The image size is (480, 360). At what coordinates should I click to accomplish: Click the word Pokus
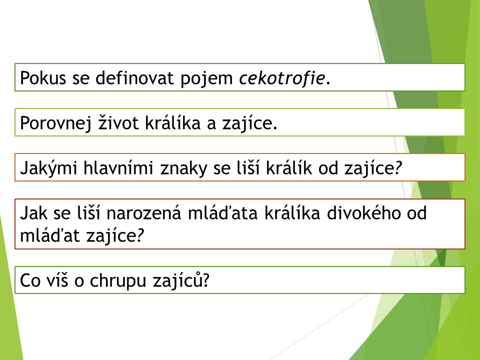[43, 78]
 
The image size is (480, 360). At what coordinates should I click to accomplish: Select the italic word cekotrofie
[282, 78]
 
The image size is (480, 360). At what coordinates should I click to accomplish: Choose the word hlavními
[118, 168]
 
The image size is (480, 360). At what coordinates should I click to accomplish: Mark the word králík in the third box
[289, 168]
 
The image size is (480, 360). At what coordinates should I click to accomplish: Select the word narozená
[144, 213]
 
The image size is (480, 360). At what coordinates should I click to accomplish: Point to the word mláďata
[223, 213]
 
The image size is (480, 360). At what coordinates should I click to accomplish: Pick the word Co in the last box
[30, 280]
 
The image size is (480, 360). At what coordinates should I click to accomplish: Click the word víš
[57, 280]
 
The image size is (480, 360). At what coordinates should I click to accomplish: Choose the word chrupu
[118, 281]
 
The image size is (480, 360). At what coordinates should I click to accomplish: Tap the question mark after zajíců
[205, 280]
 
